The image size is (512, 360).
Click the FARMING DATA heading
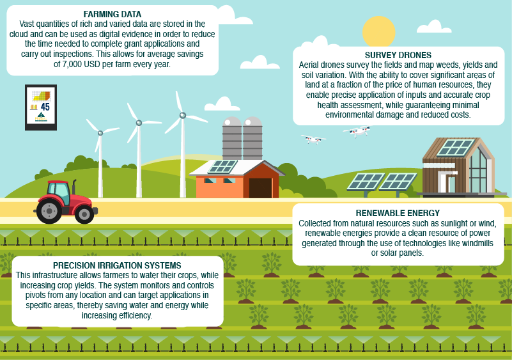[112, 14]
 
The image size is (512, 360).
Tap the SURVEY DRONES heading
[398, 55]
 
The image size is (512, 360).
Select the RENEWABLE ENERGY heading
[398, 213]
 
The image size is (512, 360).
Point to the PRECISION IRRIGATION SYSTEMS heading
[117, 265]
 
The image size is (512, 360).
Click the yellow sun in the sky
[379, 32]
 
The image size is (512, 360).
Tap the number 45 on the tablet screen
[45, 107]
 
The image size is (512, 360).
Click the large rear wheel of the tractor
[49, 211]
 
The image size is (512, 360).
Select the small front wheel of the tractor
[84, 214]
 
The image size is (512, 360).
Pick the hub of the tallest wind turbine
[183, 115]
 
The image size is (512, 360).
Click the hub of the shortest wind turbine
[100, 133]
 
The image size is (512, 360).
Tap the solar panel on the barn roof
[222, 167]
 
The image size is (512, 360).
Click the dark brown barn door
[260, 188]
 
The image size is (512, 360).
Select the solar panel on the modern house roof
[455, 148]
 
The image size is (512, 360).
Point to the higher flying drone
[357, 131]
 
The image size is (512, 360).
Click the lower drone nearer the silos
[313, 139]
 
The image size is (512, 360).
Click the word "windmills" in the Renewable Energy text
[477, 243]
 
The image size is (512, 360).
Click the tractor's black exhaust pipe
[74, 187]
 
